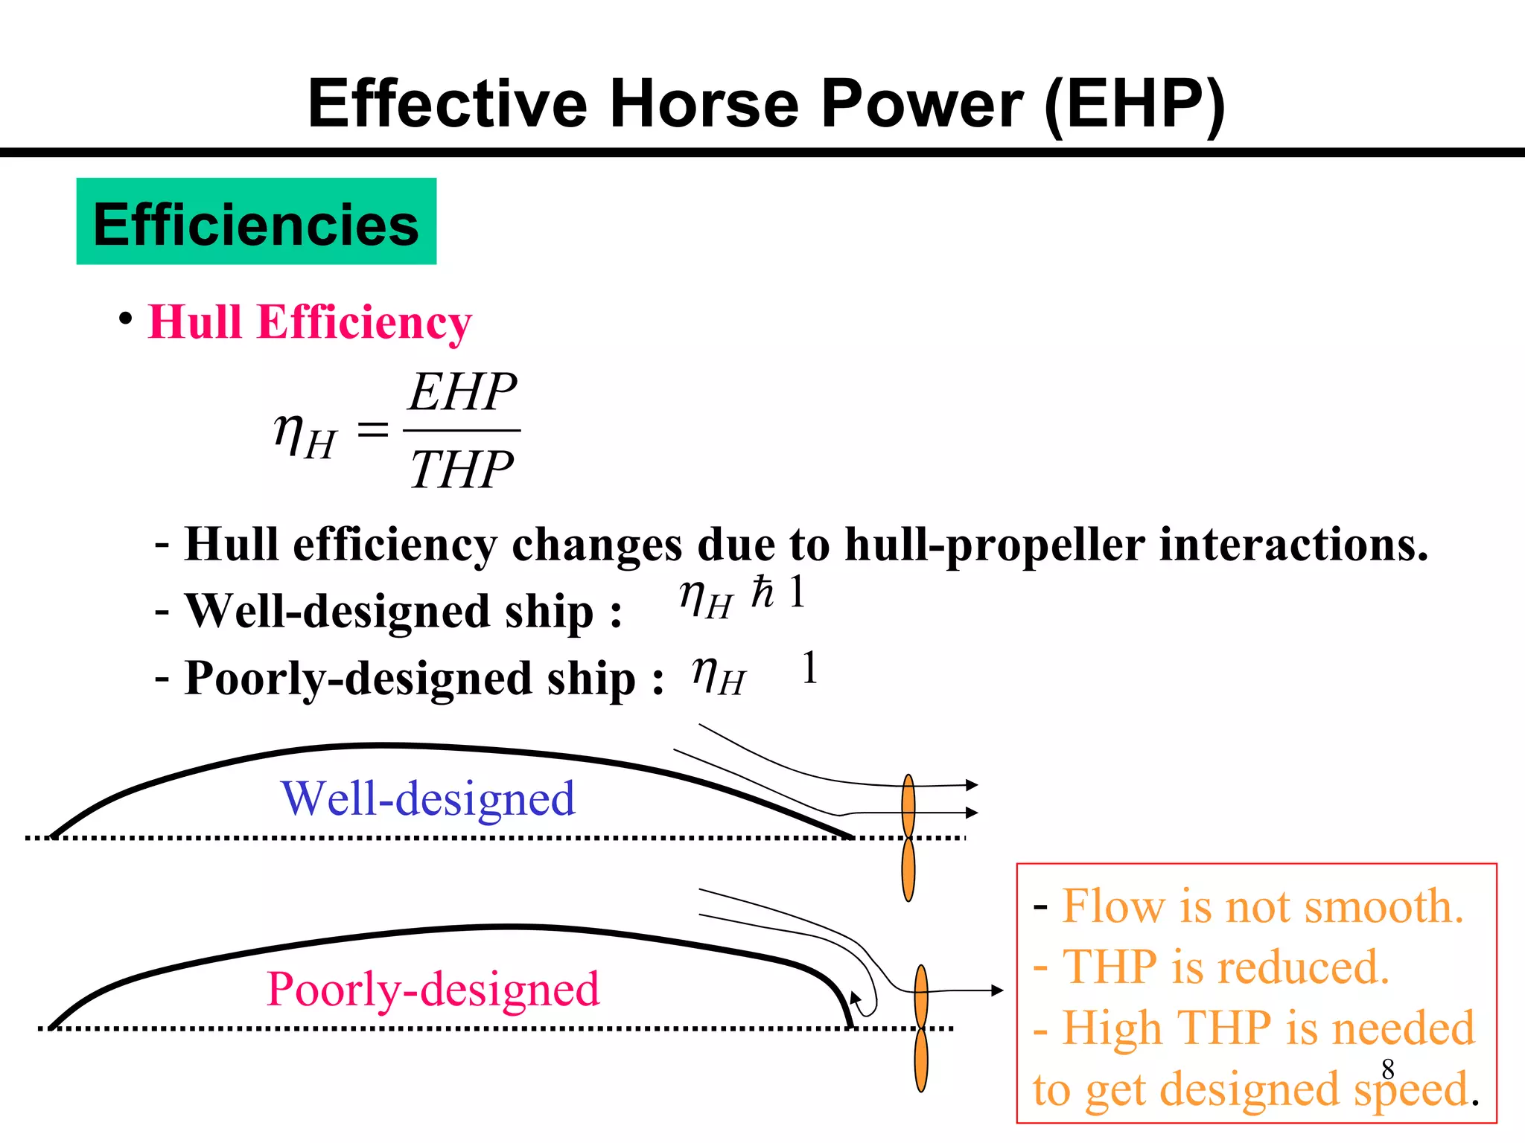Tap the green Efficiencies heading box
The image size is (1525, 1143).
(x=256, y=222)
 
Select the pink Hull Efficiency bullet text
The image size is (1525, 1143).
(x=310, y=322)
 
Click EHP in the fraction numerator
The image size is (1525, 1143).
(x=462, y=392)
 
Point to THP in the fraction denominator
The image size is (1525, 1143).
(x=462, y=470)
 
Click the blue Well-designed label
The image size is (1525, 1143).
(x=427, y=798)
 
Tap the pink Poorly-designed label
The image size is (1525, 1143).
(x=433, y=989)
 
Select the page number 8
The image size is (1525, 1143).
(x=1387, y=1069)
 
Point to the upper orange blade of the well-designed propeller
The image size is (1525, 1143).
(x=908, y=806)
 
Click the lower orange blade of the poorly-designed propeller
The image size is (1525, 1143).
(x=921, y=1060)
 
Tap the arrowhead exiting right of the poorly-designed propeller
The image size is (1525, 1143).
(x=997, y=990)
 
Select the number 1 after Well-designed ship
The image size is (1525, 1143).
(x=797, y=592)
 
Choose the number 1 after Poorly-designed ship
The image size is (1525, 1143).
(x=809, y=667)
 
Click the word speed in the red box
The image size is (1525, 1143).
(x=1411, y=1089)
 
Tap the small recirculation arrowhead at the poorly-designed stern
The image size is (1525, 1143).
(x=856, y=997)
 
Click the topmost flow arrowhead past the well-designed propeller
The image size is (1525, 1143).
(x=972, y=784)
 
